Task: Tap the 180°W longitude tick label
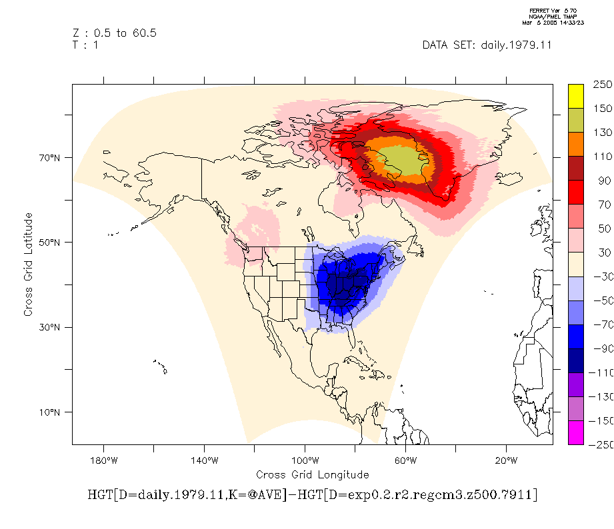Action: [103, 460]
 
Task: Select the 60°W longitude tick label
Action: [405, 460]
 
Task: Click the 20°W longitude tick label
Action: [506, 460]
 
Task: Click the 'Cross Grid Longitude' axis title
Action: [312, 474]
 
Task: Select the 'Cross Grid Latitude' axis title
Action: [28, 264]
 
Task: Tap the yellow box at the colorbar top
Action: [576, 96]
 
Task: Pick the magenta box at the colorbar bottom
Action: [576, 432]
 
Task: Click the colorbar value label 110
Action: [602, 157]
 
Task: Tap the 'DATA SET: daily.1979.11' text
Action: [487, 45]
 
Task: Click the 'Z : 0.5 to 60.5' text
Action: [114, 33]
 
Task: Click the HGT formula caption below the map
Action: [312, 495]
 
